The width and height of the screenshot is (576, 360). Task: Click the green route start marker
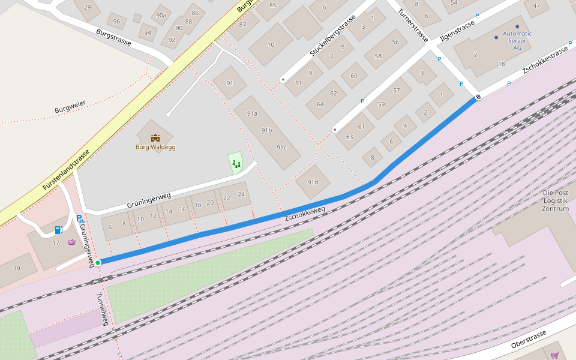tap(98, 262)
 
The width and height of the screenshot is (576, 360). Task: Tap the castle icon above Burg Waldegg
tap(155, 137)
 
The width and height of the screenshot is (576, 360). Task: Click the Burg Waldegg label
tap(155, 147)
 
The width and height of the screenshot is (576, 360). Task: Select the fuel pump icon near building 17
tap(58, 229)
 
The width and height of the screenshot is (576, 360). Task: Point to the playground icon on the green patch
tap(236, 163)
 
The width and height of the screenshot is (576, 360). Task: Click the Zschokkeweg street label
tap(305, 213)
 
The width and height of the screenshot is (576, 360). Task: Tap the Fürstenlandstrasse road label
tap(66, 170)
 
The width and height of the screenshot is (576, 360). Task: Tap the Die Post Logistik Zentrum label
tap(555, 200)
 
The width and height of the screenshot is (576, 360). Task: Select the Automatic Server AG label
tap(517, 40)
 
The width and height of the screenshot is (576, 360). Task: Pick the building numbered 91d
tap(313, 182)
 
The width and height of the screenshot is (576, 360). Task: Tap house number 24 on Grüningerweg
tap(241, 194)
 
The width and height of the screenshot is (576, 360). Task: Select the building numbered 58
tap(378, 56)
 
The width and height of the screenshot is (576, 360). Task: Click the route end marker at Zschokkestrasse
tap(478, 97)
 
